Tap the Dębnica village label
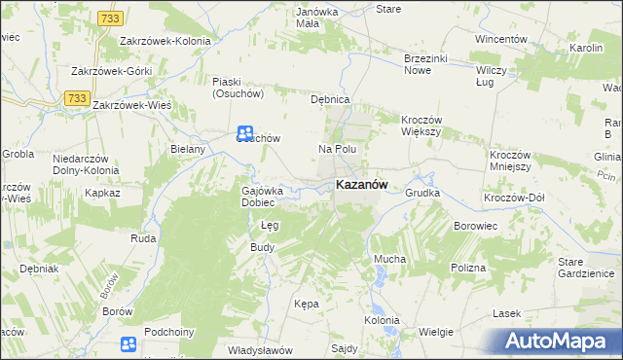point(329,100)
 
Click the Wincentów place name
point(500,39)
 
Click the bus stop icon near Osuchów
point(246,133)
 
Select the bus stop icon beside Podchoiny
point(128,343)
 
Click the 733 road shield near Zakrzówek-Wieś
point(76,97)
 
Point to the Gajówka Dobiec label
point(262,197)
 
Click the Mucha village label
point(389,260)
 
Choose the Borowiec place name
point(476,226)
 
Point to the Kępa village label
point(306,304)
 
